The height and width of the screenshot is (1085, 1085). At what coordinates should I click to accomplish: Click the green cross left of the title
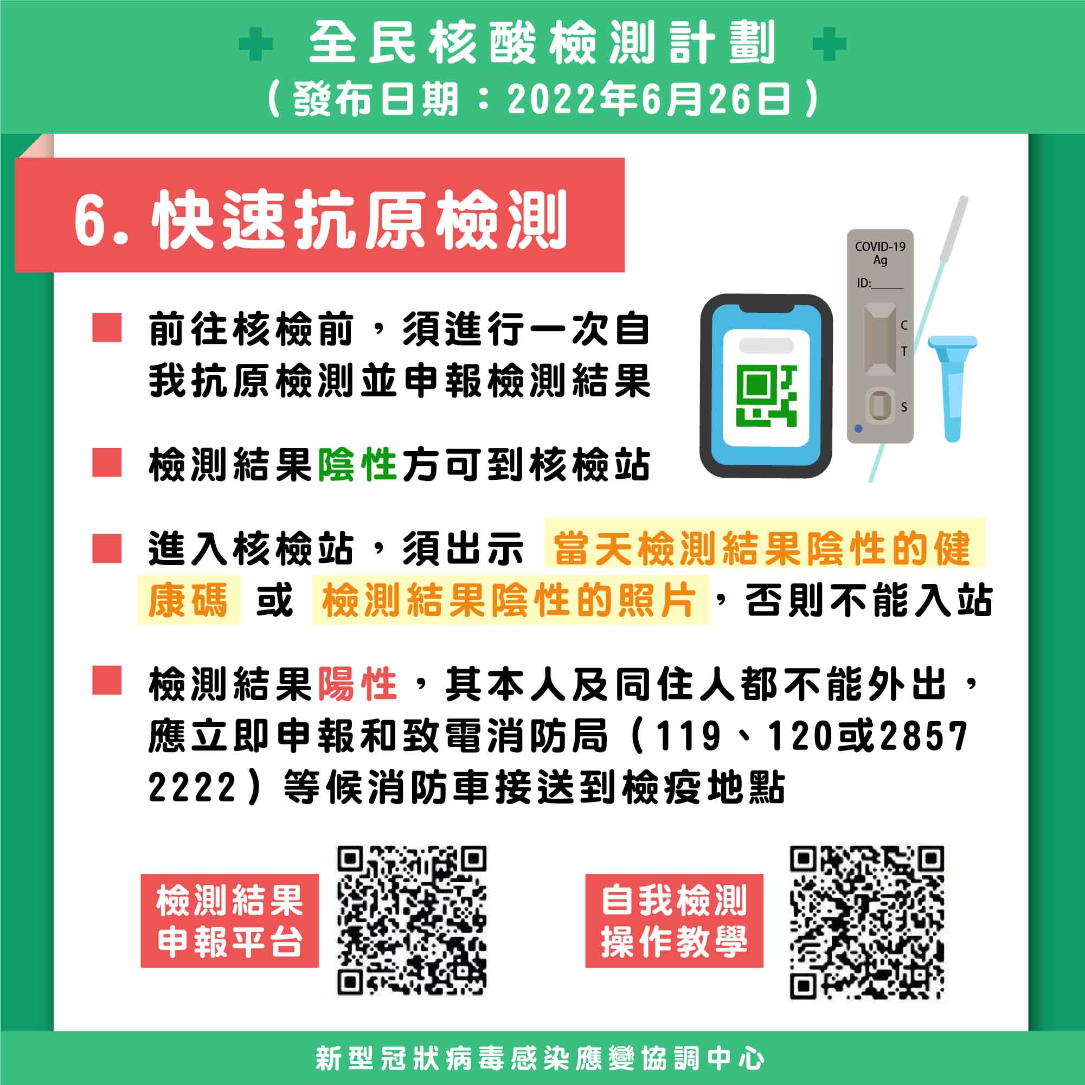[255, 44]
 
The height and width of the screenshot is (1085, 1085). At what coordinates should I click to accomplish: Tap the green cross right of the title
[830, 44]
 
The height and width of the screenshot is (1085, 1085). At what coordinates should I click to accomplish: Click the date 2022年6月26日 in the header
[649, 99]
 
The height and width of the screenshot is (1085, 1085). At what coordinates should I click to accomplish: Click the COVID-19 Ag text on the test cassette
[880, 253]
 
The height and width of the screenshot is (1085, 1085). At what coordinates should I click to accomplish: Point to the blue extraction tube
[953, 388]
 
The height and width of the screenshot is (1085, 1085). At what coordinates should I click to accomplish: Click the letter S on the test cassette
[903, 407]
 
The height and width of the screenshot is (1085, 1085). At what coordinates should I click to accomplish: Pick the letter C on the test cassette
[903, 325]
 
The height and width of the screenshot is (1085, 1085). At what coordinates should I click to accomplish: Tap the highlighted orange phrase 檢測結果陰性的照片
[509, 600]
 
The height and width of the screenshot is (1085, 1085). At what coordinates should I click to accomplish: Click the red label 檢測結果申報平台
[230, 921]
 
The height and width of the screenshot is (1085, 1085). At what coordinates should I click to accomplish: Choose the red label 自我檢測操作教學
[674, 921]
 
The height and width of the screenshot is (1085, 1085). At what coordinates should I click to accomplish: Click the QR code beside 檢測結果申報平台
[412, 921]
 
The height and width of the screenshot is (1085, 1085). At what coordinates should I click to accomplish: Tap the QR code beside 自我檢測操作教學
[867, 922]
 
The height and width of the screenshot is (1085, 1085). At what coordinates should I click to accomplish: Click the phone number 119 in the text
[689, 735]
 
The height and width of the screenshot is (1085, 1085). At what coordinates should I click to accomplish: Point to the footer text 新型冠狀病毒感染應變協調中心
[540, 1058]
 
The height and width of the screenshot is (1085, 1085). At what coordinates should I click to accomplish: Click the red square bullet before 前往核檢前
[107, 328]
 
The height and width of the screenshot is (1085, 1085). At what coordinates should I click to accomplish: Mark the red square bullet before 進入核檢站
[107, 548]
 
